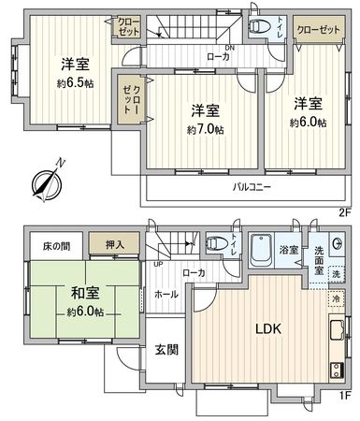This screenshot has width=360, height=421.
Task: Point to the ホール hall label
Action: coord(166,294)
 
